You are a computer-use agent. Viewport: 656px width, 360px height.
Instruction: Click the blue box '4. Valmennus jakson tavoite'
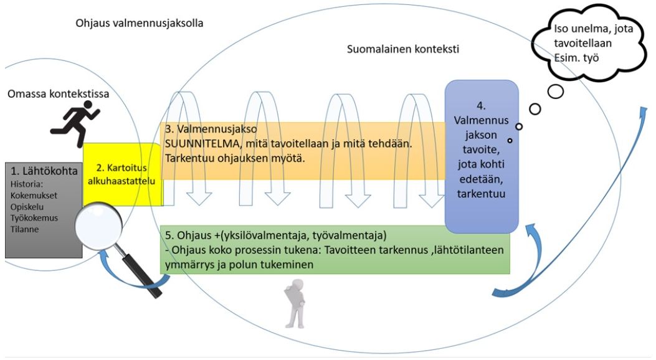[481, 156]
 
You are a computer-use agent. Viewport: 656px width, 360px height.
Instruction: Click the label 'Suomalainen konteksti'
[402, 49]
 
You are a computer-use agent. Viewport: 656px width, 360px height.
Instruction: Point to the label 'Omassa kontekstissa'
[59, 95]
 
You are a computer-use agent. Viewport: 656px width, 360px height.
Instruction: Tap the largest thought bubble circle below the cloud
[555, 92]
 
